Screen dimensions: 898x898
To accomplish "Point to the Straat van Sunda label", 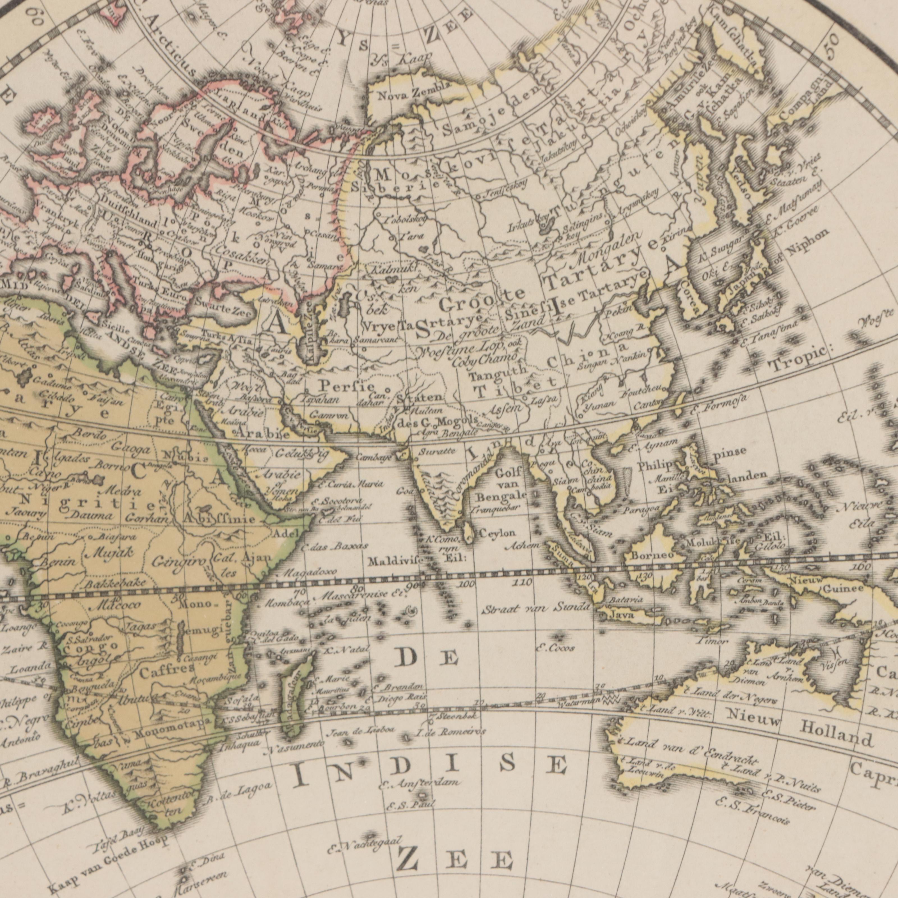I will [536, 608].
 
